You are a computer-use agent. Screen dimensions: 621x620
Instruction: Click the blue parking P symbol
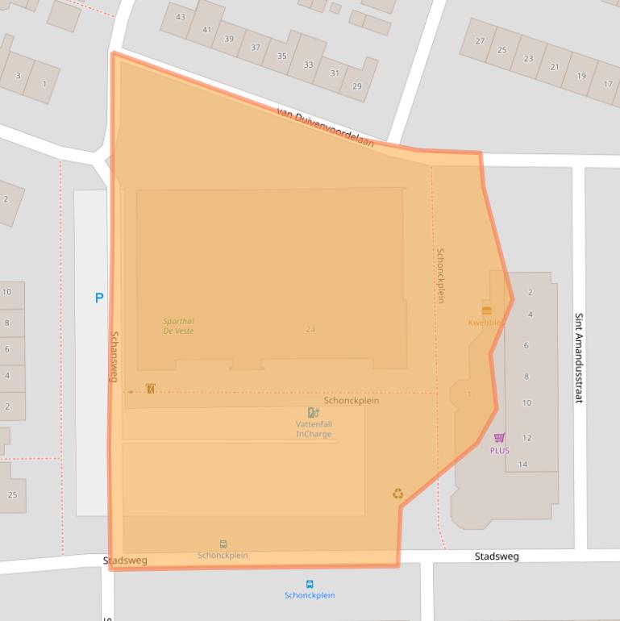click(x=99, y=298)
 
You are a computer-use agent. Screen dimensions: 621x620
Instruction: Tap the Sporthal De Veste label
click(x=178, y=326)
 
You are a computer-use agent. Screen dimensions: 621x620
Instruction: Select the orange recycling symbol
click(x=397, y=494)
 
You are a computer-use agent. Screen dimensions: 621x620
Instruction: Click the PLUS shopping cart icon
click(x=499, y=438)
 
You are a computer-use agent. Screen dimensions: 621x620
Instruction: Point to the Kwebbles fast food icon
click(x=486, y=310)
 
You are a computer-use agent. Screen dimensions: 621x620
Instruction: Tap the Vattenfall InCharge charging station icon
click(x=313, y=413)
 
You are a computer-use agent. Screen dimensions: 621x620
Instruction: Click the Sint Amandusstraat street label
click(x=578, y=357)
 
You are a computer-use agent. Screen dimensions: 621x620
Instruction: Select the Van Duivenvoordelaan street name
click(x=325, y=127)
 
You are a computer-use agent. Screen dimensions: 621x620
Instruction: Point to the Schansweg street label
click(x=114, y=357)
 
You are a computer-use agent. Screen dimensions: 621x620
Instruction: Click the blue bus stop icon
click(x=309, y=584)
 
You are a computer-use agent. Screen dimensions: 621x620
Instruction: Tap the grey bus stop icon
click(x=223, y=544)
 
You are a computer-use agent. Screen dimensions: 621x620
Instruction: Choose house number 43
click(x=180, y=17)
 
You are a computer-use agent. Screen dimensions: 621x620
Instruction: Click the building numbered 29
click(x=356, y=86)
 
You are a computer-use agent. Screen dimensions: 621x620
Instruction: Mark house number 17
click(x=607, y=84)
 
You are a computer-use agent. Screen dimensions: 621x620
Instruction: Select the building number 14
click(x=522, y=464)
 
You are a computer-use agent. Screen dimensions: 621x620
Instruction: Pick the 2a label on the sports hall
click(x=310, y=329)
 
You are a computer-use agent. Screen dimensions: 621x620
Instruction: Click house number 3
click(x=18, y=76)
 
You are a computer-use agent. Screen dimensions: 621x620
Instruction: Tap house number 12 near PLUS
click(x=526, y=438)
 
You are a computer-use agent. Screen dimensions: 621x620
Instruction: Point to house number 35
click(x=281, y=56)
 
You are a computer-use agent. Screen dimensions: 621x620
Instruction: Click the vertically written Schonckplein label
click(x=440, y=275)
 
